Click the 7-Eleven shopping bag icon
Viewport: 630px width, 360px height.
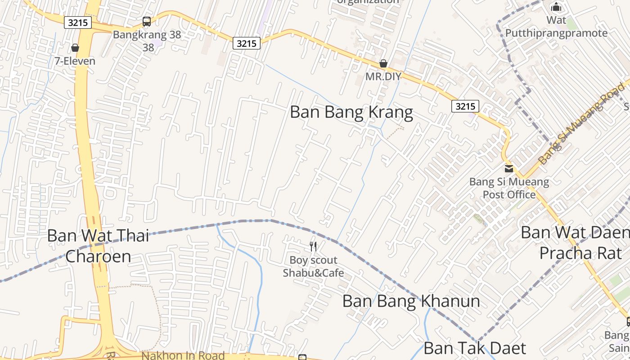75,48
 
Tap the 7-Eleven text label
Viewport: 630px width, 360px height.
75,61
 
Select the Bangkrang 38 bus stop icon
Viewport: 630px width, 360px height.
147,21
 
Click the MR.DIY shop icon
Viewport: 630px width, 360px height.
383,63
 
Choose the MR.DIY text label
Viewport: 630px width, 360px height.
383,76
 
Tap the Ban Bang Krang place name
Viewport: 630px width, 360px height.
351,112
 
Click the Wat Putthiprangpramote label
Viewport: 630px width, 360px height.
556,27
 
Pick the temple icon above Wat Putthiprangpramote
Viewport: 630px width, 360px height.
557,7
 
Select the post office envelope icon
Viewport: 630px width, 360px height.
509,169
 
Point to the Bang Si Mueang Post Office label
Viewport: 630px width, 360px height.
509,189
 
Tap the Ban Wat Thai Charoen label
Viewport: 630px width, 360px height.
98,246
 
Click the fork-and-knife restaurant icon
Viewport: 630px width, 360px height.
313,246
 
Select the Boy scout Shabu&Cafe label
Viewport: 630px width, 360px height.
313,266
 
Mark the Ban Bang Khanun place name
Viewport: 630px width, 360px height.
411,301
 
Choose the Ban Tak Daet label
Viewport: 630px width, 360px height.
475,348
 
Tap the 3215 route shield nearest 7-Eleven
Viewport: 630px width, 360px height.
78,22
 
